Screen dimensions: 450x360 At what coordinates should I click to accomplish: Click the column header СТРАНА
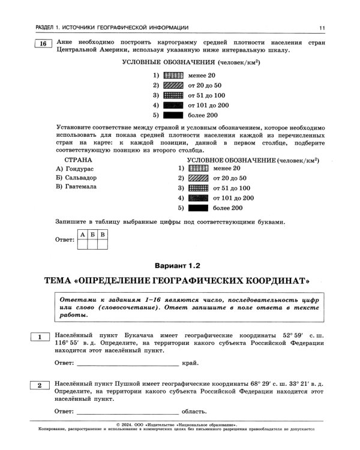pos(78,160)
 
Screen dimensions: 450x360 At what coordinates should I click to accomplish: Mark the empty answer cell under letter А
pos(82,244)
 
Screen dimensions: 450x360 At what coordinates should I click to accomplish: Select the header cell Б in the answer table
pos(92,234)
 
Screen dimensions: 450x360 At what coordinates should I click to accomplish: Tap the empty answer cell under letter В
pos(103,244)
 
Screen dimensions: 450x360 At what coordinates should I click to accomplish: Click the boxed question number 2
pos(40,385)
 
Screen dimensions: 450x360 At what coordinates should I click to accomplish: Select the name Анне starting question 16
pos(65,43)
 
